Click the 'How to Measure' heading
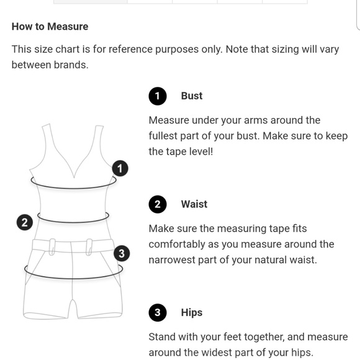coord(50,27)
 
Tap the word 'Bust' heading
coord(192,96)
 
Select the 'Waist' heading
coord(194,204)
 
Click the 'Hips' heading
coord(192,313)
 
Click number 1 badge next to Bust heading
coord(158,96)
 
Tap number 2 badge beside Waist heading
coord(158,204)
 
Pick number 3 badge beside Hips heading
coord(158,313)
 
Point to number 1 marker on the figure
coord(120,168)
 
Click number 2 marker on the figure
coord(24,223)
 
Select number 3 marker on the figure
coord(122,253)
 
